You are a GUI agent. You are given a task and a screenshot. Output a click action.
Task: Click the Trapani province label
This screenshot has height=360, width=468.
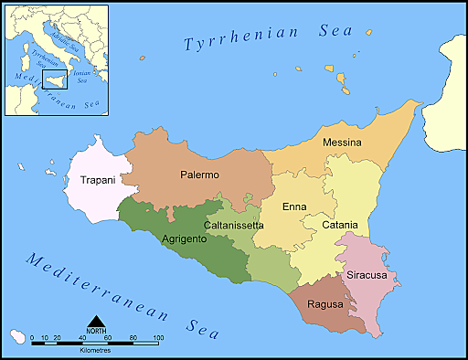click(x=98, y=180)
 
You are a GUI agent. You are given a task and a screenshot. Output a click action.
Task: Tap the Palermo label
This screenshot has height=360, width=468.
click(x=199, y=175)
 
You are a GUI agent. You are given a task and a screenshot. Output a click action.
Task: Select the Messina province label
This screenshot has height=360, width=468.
click(x=342, y=143)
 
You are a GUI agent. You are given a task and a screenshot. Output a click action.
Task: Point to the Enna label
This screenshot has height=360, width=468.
click(x=294, y=207)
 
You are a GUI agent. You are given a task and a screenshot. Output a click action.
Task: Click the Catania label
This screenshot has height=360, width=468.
click(x=340, y=225)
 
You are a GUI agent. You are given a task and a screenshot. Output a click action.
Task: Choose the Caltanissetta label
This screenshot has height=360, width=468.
click(x=234, y=225)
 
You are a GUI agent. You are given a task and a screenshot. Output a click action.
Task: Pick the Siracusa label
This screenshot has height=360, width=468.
click(x=367, y=275)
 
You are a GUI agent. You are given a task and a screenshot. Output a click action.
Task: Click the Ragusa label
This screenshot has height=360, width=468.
click(x=325, y=304)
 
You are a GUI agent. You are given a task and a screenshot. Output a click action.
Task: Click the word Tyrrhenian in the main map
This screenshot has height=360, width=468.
click(x=241, y=40)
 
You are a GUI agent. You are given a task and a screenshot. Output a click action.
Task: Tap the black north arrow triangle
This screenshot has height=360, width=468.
click(x=95, y=321)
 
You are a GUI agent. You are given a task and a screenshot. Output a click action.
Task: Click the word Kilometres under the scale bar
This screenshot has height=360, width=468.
click(x=96, y=350)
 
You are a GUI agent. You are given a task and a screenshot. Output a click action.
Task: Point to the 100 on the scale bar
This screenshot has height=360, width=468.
click(x=158, y=338)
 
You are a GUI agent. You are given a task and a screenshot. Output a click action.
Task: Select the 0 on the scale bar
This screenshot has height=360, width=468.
click(x=32, y=338)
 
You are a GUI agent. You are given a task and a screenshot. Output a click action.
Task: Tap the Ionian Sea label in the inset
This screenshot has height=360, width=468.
click(x=81, y=76)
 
